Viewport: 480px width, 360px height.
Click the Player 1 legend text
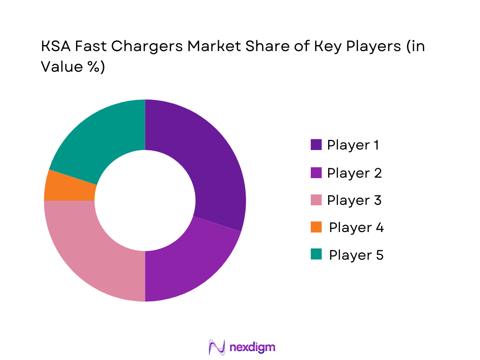click(353, 145)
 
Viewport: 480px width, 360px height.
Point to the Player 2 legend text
click(354, 173)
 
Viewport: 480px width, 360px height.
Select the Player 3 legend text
click(354, 200)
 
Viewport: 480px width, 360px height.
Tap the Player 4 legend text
click(356, 227)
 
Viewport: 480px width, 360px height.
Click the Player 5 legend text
click(356, 255)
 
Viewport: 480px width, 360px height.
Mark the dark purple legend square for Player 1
click(316, 145)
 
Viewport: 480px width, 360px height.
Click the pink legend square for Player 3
click(316, 200)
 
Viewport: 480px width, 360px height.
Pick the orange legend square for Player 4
click(316, 227)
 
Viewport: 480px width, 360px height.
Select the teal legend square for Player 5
click(316, 255)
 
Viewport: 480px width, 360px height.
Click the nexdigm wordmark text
click(253, 347)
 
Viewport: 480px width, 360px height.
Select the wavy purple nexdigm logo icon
click(217, 347)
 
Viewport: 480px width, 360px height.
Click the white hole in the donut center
click(145, 201)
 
